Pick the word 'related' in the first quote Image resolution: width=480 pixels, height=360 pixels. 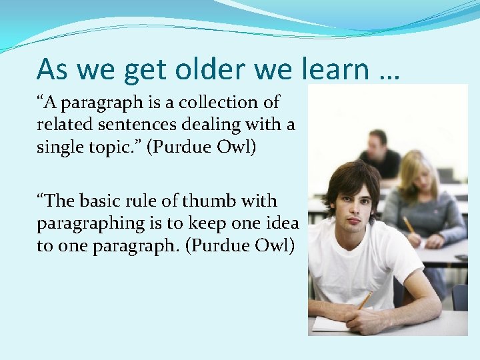[x=61, y=124]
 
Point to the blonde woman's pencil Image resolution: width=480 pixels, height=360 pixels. [x=407, y=225]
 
